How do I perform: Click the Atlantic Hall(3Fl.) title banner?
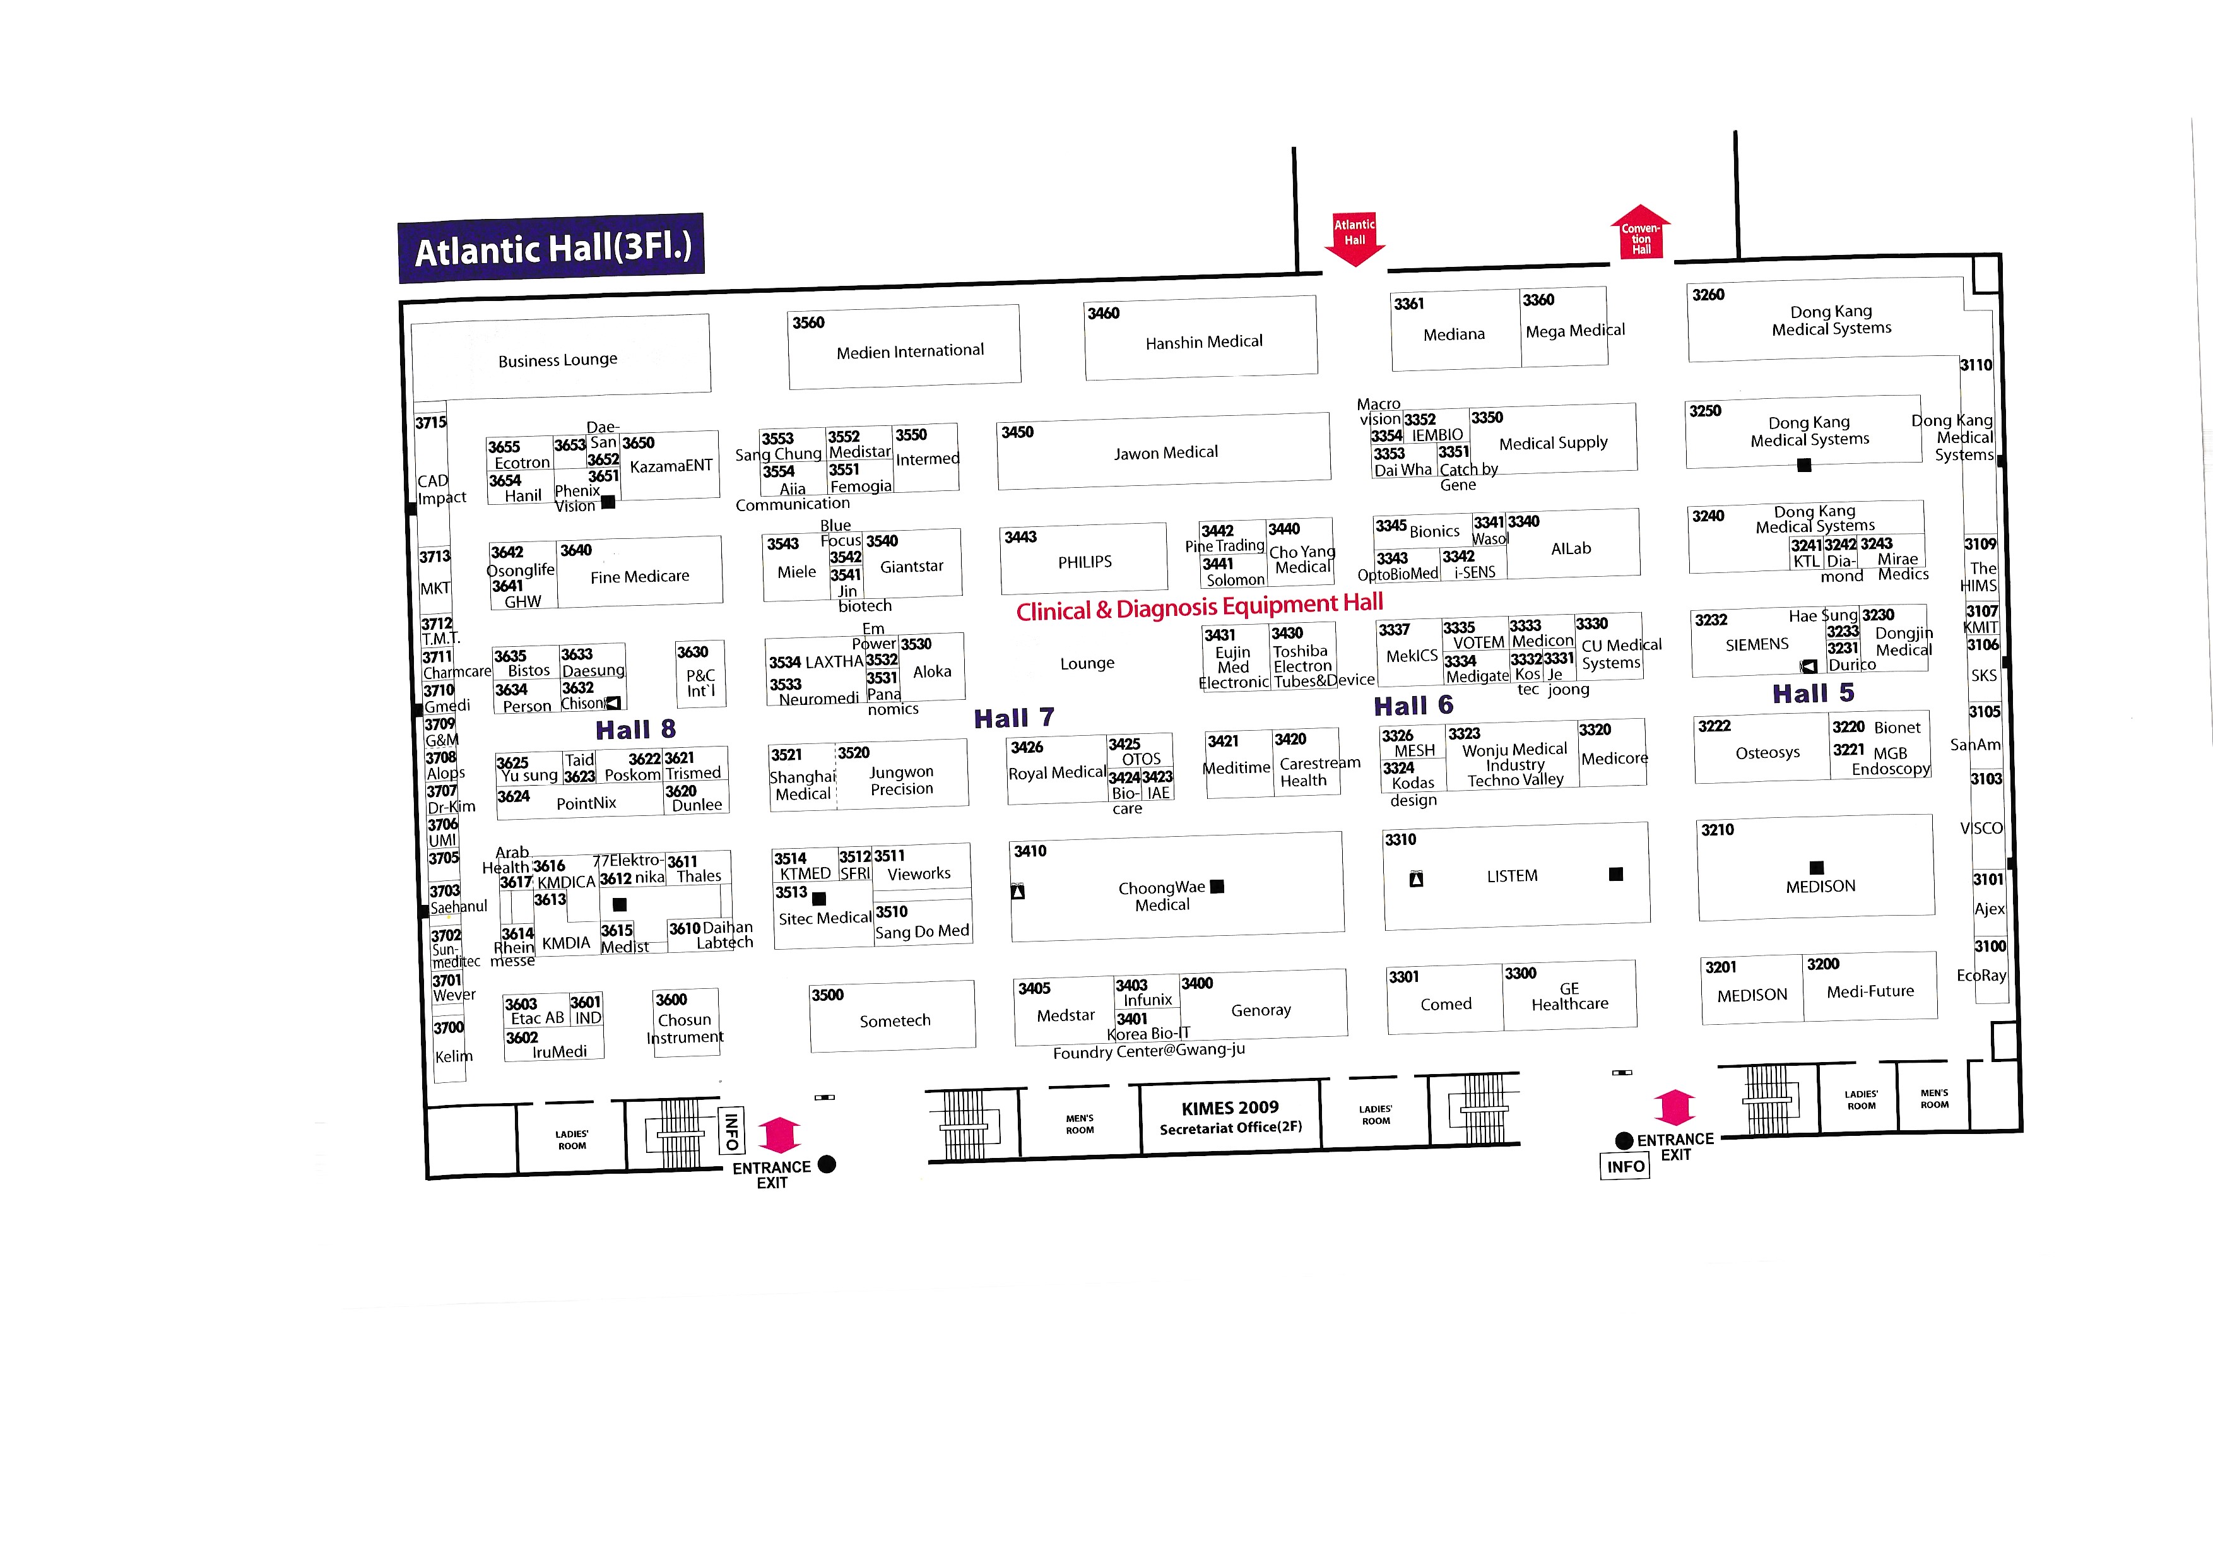[552, 249]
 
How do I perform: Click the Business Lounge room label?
[557, 360]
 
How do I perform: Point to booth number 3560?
[808, 323]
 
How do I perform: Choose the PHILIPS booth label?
[1084, 562]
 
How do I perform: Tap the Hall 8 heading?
[635, 729]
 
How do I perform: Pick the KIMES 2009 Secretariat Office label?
[1230, 1118]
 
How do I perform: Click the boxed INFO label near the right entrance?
[1625, 1166]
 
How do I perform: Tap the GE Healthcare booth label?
[1569, 996]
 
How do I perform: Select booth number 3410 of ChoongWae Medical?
[1029, 851]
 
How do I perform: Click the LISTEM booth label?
[1511, 876]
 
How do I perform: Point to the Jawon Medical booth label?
[1166, 452]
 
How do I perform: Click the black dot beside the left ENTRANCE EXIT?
[826, 1164]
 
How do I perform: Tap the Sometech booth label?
[894, 1020]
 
